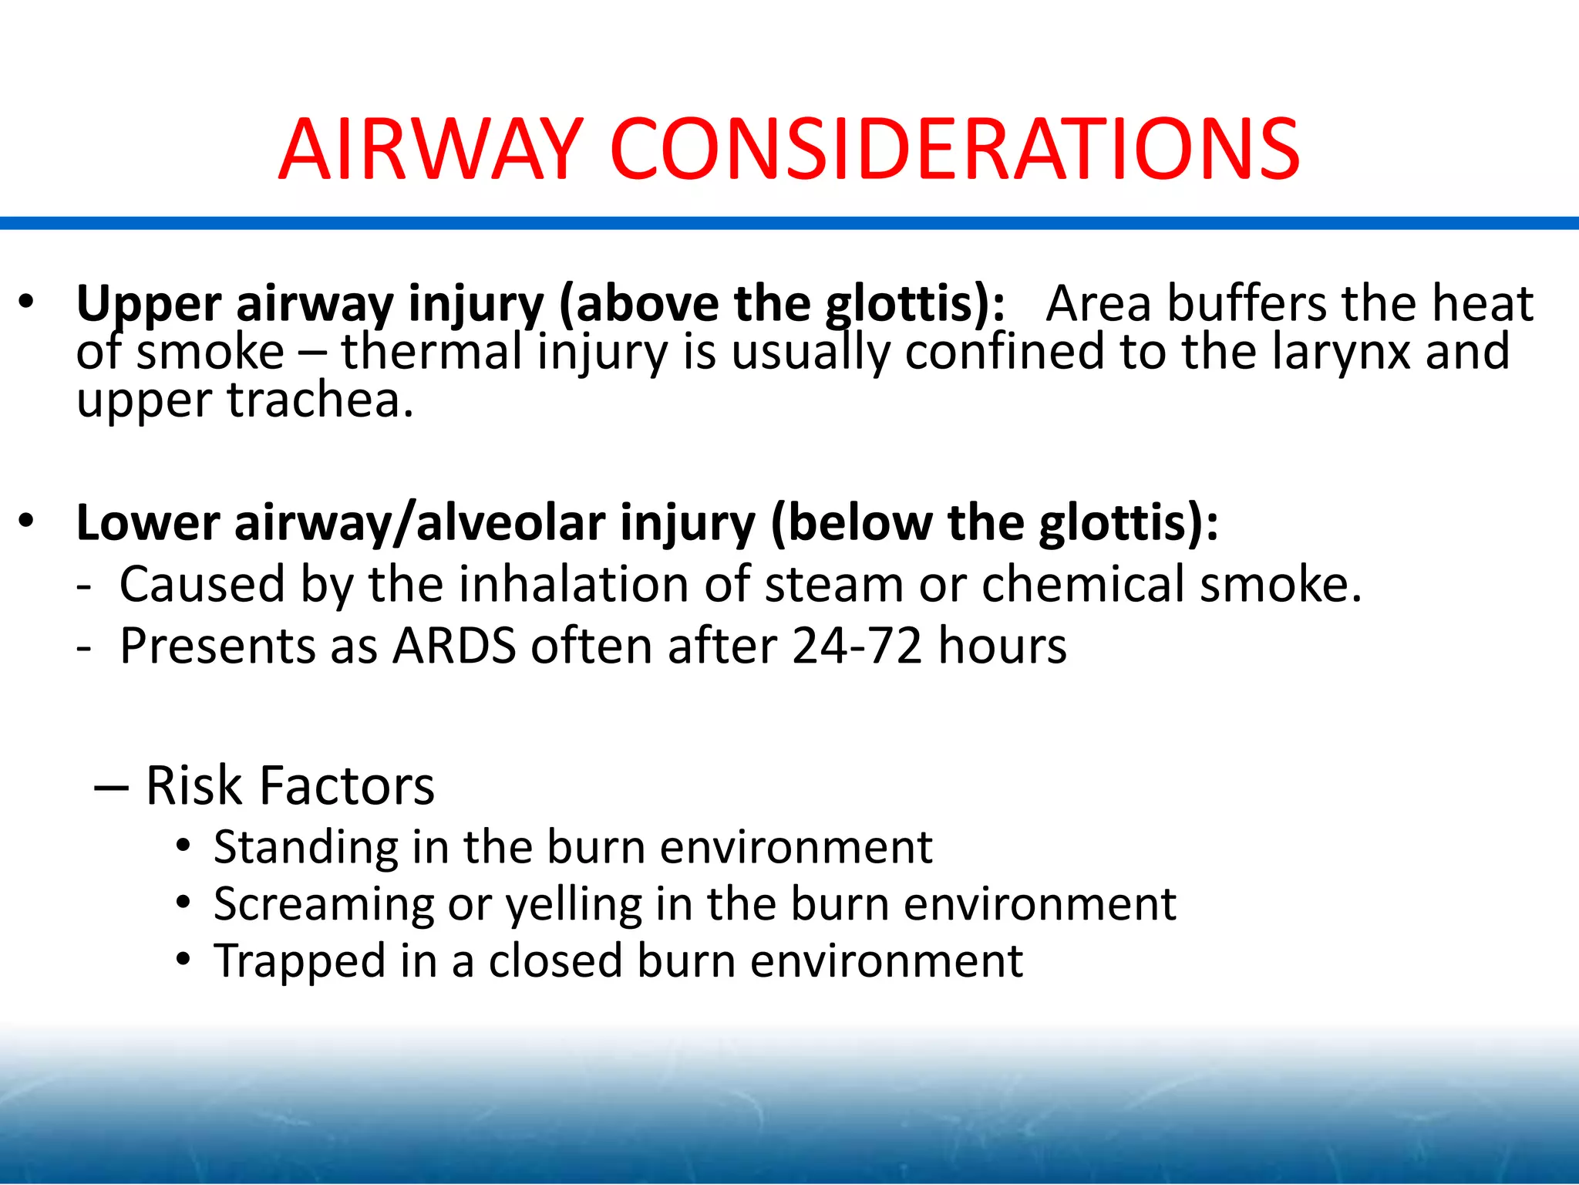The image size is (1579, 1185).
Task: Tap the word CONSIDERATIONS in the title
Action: [954, 150]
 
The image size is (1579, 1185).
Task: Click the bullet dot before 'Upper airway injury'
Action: [27, 302]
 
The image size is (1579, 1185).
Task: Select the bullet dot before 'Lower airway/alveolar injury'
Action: [27, 521]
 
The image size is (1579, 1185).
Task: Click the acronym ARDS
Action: [454, 646]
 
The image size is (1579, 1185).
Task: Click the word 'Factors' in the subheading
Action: [347, 785]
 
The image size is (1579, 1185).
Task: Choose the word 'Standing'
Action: [305, 848]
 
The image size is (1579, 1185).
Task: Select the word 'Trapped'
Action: [299, 961]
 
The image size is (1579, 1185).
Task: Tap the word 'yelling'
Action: [574, 904]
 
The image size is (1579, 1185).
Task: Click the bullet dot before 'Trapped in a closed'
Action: [183, 960]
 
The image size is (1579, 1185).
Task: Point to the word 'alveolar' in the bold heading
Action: [510, 523]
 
